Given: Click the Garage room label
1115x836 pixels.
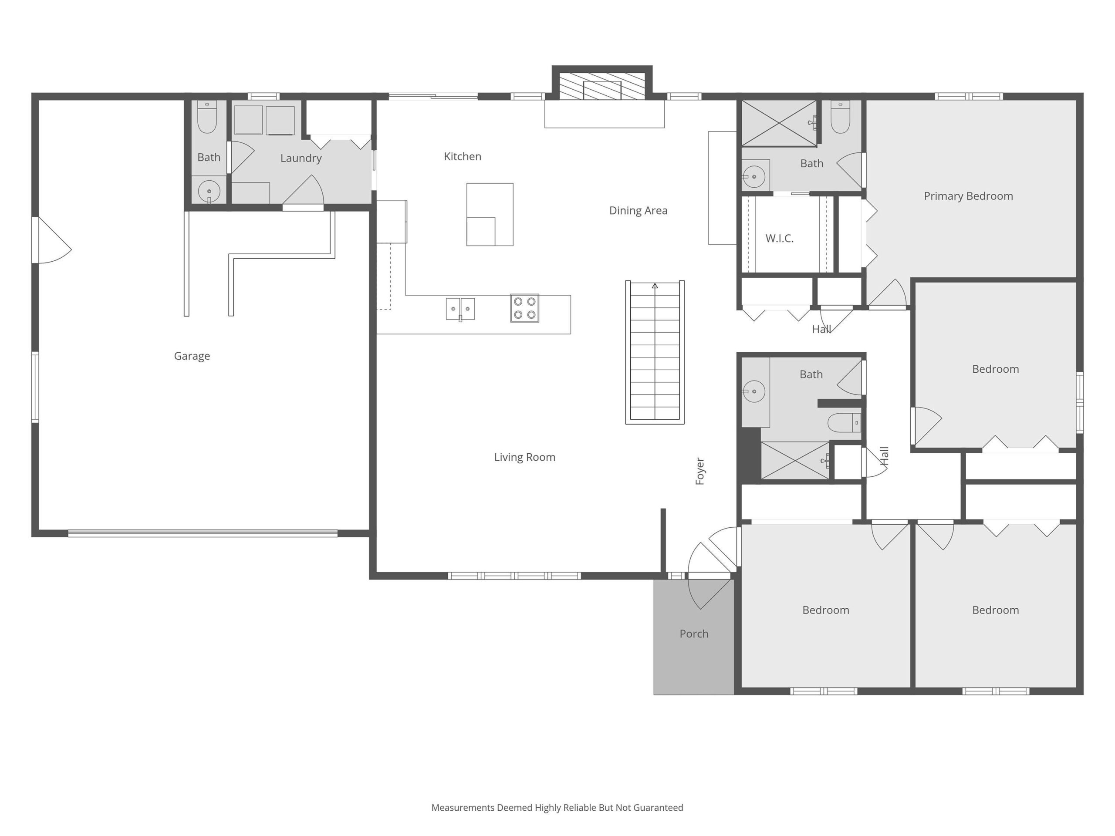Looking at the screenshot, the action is coord(192,356).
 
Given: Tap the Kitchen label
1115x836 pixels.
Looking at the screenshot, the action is coord(462,156).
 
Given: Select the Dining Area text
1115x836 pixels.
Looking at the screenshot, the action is coord(638,211).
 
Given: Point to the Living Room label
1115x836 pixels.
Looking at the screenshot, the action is coord(524,457).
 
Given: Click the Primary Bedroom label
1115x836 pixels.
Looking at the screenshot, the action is coord(968,196).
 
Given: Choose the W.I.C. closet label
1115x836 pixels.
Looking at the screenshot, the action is coord(779,238).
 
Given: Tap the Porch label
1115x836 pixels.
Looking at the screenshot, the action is coord(693,634).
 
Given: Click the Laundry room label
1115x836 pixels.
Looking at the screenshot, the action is coord(301,158).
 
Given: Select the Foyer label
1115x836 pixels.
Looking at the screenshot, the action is coord(699,471).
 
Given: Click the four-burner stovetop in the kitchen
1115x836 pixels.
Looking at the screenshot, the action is coord(524,308).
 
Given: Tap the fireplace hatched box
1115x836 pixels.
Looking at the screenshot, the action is coord(602,86).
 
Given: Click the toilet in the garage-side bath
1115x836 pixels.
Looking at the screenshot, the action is coord(207,116).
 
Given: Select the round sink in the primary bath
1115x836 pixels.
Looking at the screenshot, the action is coord(753,177).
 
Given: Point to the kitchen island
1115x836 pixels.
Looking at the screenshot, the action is coord(490,215).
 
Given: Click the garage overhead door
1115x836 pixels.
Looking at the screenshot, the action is coord(203,533).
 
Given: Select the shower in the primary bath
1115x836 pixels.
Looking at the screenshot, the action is coord(779,124).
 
